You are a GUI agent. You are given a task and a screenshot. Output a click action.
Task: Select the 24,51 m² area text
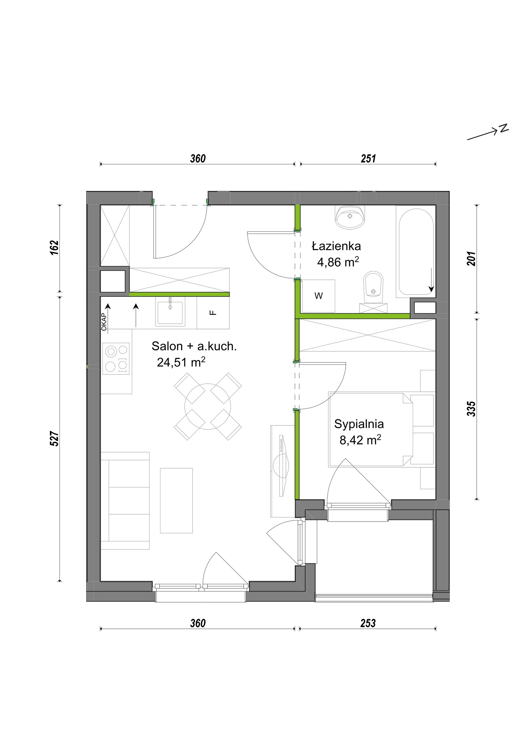[181, 362]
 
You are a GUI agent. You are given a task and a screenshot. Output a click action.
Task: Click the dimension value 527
[54, 439]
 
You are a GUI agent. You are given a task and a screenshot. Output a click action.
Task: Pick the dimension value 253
[368, 624]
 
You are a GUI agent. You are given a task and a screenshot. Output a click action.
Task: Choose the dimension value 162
[54, 248]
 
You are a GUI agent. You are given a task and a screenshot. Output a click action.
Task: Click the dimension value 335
[471, 409]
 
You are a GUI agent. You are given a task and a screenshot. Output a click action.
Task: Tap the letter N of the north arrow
[504, 129]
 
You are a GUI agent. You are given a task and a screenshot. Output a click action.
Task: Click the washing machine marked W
[319, 296]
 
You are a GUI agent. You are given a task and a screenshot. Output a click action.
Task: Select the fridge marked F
[213, 313]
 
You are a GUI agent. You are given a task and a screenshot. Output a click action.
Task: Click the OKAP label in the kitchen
[104, 322]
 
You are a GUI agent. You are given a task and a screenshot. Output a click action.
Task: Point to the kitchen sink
[170, 311]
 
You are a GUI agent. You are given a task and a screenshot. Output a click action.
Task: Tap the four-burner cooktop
[116, 359]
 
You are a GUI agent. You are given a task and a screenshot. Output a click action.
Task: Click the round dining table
[208, 407]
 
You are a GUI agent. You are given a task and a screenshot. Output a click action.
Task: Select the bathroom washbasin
[350, 217]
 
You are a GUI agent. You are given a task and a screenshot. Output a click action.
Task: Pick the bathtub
[416, 252]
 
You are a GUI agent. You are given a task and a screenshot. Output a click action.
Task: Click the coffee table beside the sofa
[176, 501]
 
